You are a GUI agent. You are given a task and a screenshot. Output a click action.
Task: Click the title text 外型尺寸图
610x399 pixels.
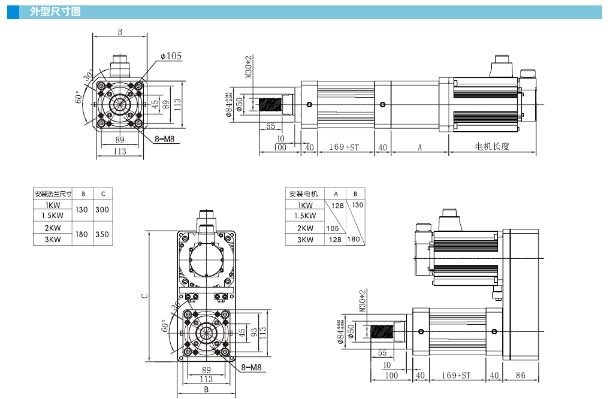pos(55,12)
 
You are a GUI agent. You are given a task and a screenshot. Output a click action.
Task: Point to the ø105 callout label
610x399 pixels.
pos(171,56)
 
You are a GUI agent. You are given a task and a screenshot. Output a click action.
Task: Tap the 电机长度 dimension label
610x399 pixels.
pos(492,147)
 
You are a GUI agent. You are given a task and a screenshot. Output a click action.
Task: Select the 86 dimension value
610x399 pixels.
pos(520,376)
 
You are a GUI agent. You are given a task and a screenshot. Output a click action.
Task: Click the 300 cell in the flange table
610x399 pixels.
pos(102,210)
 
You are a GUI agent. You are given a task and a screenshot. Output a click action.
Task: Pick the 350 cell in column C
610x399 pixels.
pos(102,234)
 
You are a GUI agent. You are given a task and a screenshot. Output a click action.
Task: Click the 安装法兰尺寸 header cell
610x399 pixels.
pos(52,194)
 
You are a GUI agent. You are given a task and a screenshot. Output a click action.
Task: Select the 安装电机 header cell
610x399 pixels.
pos(304,194)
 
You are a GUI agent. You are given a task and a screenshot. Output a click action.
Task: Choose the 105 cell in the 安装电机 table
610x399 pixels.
pos(333,228)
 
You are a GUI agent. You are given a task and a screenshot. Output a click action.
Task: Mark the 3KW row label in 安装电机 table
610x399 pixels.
pos(304,240)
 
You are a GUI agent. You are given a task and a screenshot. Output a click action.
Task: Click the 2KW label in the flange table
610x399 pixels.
pos(52,228)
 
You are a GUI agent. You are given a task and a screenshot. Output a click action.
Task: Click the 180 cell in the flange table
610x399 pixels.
pos(83,234)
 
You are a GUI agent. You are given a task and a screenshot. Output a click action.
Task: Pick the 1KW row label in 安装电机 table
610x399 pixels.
pos(304,205)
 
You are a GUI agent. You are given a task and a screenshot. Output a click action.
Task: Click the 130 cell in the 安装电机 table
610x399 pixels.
pos(357,205)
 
